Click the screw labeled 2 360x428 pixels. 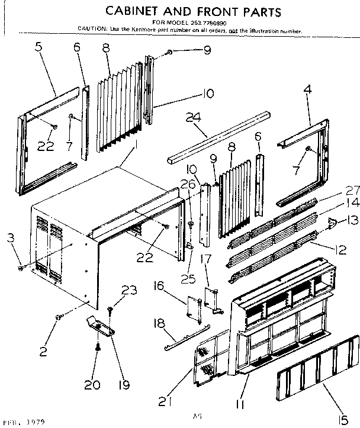click(x=57, y=317)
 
